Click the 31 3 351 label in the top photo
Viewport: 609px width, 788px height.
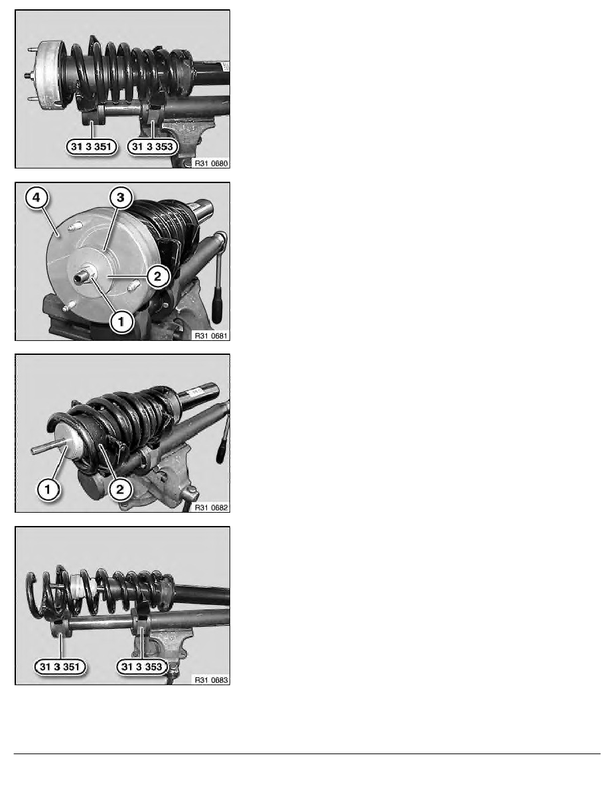[x=92, y=147]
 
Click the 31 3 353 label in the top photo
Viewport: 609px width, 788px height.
[x=153, y=147]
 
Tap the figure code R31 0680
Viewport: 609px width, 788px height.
[x=211, y=163]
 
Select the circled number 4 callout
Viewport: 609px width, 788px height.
[x=36, y=198]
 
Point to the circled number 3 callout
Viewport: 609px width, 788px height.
[x=120, y=198]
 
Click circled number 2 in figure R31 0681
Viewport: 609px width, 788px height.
[x=158, y=276]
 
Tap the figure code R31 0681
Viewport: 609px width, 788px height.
[x=211, y=336]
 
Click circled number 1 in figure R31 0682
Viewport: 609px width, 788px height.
[x=48, y=489]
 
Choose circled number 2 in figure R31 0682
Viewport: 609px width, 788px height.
[x=120, y=489]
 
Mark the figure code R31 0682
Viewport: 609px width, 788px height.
[x=211, y=507]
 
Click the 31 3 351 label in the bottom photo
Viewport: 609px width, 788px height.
[x=60, y=667]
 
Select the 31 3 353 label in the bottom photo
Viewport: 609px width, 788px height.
[x=142, y=667]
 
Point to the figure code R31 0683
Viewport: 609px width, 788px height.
[x=211, y=680]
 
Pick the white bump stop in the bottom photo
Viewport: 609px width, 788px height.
[x=78, y=586]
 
